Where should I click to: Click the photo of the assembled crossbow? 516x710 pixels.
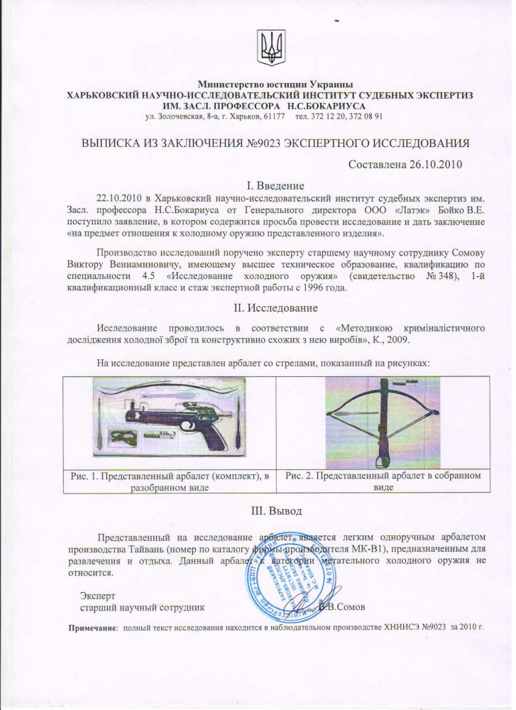[x=382, y=422]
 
